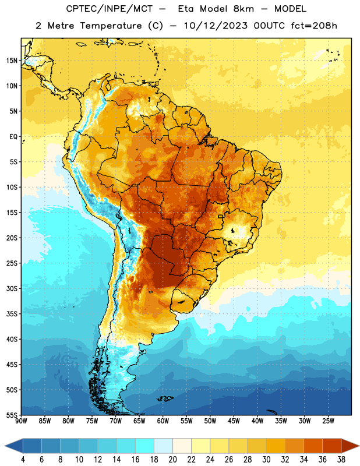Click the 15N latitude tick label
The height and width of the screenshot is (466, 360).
(12, 61)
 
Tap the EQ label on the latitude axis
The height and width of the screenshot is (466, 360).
(13, 137)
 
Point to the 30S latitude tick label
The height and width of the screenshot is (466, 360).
(12, 288)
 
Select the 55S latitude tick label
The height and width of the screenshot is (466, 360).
(12, 415)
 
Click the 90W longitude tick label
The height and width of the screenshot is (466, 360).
(21, 421)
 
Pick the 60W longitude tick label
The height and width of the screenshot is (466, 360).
(163, 421)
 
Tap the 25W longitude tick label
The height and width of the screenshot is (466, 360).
(328, 421)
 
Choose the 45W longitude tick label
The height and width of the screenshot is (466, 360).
(234, 421)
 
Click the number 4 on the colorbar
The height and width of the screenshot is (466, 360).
(23, 460)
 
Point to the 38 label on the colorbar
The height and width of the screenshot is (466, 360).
(341, 460)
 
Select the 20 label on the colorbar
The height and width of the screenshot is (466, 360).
(172, 460)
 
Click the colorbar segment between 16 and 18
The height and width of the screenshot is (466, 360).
(145, 446)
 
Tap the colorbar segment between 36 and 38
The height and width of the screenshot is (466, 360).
(332, 446)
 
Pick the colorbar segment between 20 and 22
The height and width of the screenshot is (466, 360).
(182, 446)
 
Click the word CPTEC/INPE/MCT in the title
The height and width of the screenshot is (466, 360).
(109, 9)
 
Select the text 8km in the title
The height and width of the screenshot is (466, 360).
(243, 9)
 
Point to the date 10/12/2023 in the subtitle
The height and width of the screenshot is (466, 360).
(215, 26)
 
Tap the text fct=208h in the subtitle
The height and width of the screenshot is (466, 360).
(314, 26)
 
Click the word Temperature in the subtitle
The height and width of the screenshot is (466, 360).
(111, 26)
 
